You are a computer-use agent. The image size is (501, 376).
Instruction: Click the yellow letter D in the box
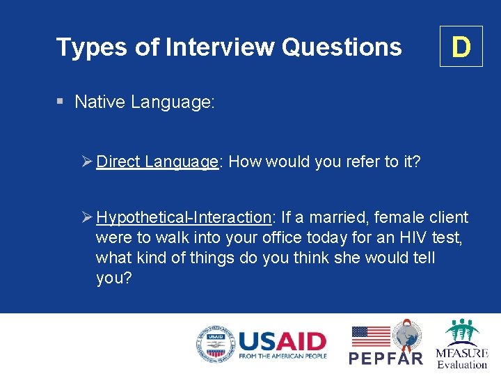461,47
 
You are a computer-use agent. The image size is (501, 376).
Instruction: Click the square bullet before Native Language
61,102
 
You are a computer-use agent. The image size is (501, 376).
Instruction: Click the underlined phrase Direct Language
157,162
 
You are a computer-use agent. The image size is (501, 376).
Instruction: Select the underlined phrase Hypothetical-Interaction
184,218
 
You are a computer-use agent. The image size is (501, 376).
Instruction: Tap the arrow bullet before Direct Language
86,162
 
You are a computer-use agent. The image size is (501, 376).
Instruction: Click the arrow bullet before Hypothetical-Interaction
86,218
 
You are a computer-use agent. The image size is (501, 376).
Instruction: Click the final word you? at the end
114,279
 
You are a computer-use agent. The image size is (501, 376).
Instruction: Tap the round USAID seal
216,345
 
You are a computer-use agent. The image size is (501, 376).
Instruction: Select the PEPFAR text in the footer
385,358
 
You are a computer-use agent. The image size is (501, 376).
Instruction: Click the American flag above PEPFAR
371,337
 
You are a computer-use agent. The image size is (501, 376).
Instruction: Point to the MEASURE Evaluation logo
461,344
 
